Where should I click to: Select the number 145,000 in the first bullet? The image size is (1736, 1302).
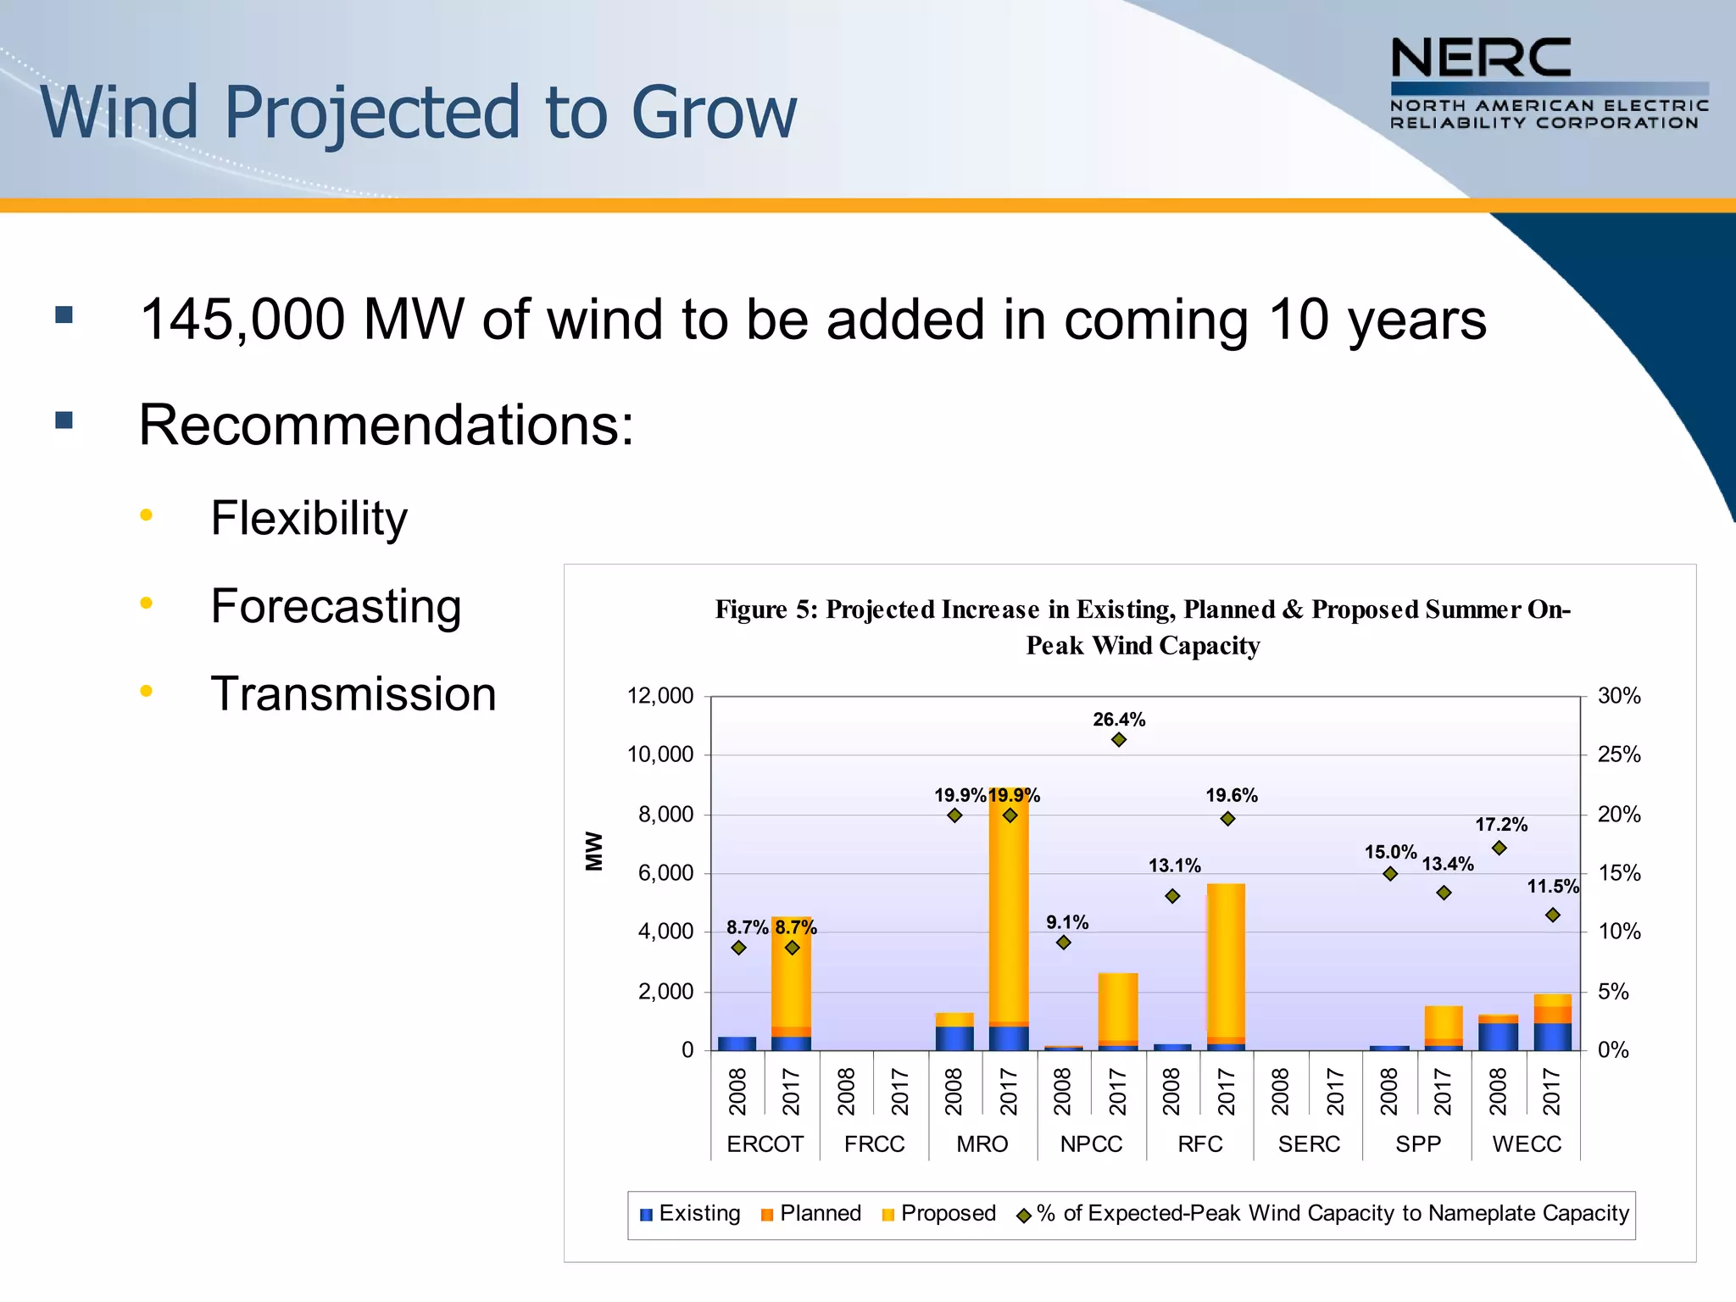click(x=242, y=320)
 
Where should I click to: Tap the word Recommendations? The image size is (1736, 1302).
click(x=386, y=425)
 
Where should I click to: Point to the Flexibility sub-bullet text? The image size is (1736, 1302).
click(x=309, y=518)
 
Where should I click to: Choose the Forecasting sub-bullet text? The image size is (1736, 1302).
click(x=336, y=606)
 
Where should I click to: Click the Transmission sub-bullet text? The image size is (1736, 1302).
click(x=353, y=694)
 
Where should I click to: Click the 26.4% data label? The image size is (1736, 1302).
click(x=1118, y=720)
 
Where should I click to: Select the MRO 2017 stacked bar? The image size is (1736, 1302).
click(x=1009, y=920)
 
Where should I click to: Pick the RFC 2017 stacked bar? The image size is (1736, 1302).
click(x=1227, y=966)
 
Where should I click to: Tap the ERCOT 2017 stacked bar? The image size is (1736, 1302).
click(x=791, y=983)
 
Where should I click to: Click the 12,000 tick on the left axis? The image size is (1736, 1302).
click(x=659, y=696)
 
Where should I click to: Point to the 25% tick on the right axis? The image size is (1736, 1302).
click(x=1618, y=754)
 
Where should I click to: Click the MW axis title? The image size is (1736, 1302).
click(x=594, y=850)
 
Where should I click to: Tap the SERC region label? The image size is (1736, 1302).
click(x=1308, y=1143)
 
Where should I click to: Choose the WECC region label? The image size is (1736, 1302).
click(x=1526, y=1143)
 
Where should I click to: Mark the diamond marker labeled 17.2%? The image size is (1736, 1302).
click(x=1499, y=848)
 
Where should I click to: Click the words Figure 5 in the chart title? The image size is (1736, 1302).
click(x=765, y=609)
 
